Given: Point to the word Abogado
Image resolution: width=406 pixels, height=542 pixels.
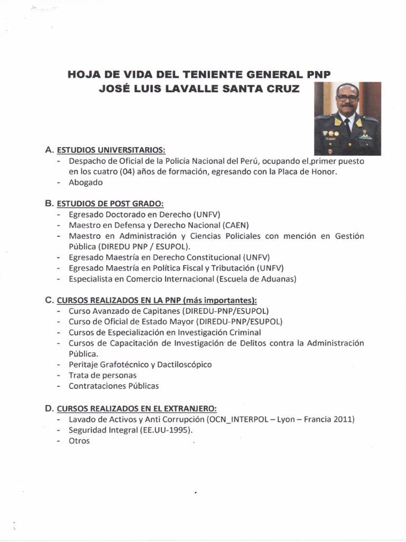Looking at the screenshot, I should [86, 183].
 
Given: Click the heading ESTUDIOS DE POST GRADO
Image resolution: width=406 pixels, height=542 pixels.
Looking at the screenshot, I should [110, 204].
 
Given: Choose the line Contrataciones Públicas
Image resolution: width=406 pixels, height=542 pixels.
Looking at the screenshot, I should [114, 386].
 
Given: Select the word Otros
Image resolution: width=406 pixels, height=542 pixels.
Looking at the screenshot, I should [79, 440].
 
